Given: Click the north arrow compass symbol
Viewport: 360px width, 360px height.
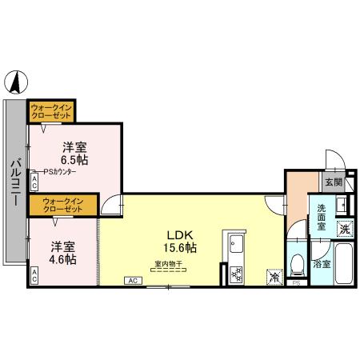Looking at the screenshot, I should pyautogui.click(x=17, y=81).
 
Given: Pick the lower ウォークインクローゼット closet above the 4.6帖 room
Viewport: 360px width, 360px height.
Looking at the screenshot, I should pyautogui.click(x=62, y=205).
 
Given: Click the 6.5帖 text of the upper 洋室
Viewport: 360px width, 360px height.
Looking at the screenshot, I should pyautogui.click(x=75, y=160).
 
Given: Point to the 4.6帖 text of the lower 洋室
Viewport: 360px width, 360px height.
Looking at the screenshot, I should pyautogui.click(x=62, y=259).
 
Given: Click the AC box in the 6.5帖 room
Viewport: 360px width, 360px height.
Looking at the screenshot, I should pyautogui.click(x=34, y=181).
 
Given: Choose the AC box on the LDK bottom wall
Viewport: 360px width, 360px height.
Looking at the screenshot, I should pyautogui.click(x=133, y=281).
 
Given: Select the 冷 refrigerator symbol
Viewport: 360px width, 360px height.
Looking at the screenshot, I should pyautogui.click(x=274, y=277).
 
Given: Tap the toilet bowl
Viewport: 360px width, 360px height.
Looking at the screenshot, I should pyautogui.click(x=296, y=263).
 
